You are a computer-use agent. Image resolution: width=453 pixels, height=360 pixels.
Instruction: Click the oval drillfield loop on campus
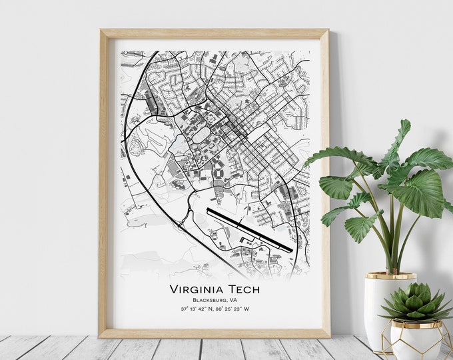199,134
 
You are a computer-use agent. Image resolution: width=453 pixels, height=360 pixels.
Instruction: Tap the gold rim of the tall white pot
390,275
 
